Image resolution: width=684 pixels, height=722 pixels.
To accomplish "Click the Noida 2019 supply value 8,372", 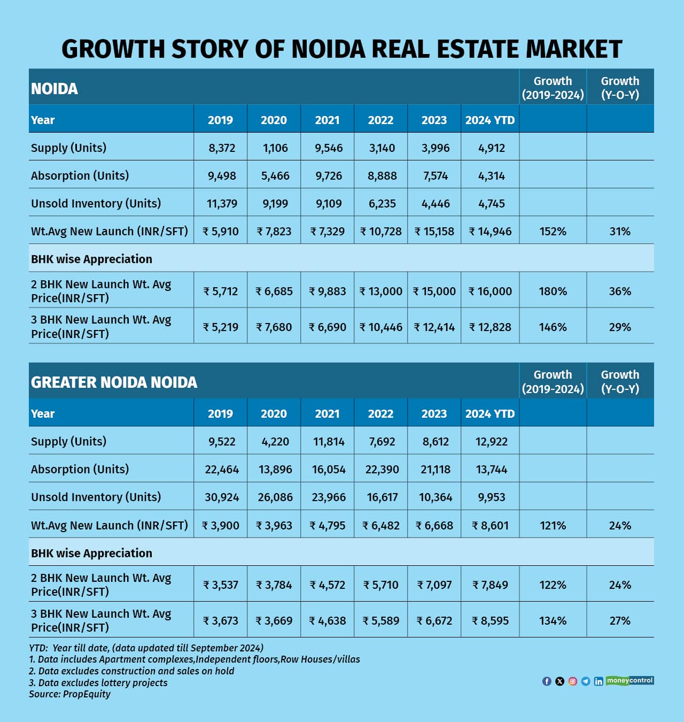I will pos(221,148).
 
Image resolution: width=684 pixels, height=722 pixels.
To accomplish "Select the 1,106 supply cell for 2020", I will pos(275,148).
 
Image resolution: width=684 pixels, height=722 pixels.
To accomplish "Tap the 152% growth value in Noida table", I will pos(553,232).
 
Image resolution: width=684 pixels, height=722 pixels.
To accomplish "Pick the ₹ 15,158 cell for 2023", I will pos(434,232).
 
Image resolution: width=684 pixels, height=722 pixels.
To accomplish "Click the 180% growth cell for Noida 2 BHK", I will pos(553,291).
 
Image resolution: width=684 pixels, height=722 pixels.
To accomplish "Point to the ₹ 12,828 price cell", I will pos(490,327).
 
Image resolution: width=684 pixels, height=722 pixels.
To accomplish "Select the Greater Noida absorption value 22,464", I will pos(221,470).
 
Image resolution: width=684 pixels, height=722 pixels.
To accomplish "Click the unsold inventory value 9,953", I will pos(491,497).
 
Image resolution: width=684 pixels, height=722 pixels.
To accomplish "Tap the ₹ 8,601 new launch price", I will pos(490,526).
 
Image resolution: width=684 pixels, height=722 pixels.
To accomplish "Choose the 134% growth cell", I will pos(553,621).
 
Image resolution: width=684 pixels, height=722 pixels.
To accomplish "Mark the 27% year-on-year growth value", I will pos(620,621).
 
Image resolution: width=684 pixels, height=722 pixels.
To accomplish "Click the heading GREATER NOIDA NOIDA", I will pos(114,382).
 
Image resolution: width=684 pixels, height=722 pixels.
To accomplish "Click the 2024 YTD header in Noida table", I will pos(489,120).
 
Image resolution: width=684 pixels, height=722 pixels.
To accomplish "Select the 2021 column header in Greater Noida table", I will pos(327,414).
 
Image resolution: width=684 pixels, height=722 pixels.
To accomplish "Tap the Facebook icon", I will pos(547,681).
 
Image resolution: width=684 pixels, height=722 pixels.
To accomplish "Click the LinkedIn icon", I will pos(598,681).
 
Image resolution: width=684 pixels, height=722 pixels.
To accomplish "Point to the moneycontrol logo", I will pos(630,680).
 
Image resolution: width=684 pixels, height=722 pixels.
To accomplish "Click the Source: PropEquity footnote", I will pos(69,694).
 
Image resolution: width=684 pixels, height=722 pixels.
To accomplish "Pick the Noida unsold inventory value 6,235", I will pos(382,204).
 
